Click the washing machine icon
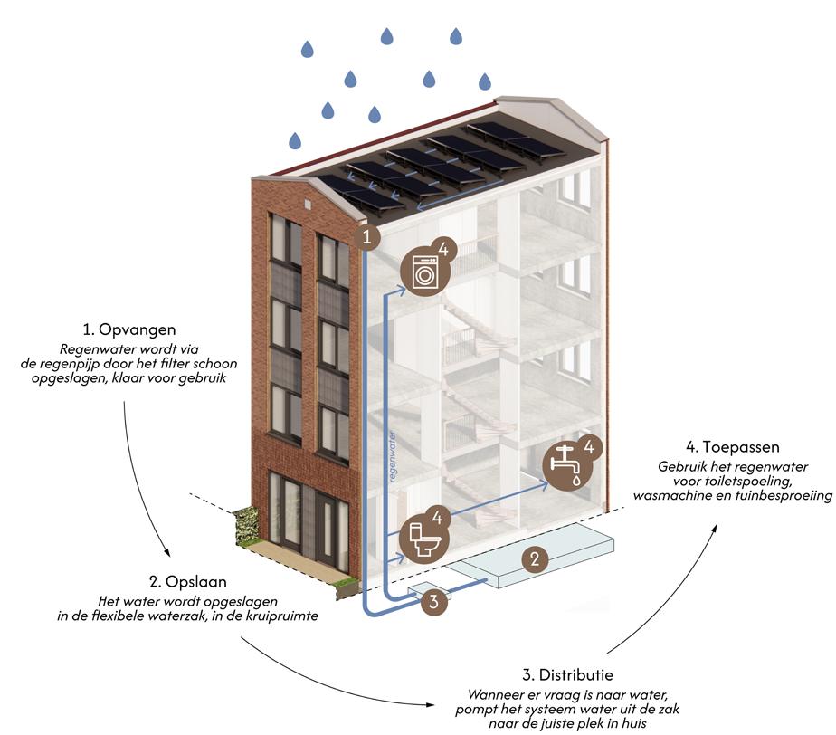(x=423, y=271)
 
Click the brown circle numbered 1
(x=366, y=238)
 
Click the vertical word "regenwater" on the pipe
(x=395, y=449)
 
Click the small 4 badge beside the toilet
(x=436, y=518)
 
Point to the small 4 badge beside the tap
(x=588, y=446)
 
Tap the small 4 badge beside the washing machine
(x=442, y=249)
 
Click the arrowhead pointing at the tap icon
(x=543, y=484)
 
